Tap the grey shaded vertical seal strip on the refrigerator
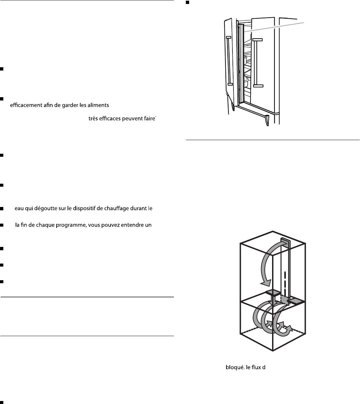tap(241, 63)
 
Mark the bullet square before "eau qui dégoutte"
tap(2, 209)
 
